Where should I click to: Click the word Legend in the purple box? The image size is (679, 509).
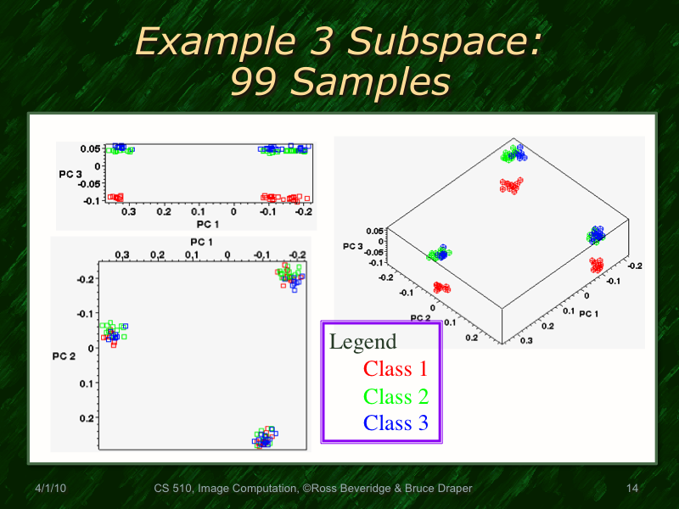pos(362,343)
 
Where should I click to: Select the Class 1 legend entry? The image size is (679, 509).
pos(396,369)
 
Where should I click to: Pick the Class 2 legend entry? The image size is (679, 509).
pos(396,396)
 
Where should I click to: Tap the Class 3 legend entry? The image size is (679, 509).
pos(396,422)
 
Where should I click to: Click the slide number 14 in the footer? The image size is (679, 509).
pos(631,489)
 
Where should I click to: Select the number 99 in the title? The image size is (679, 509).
pos(255,82)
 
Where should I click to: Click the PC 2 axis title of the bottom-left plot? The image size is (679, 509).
pos(65,355)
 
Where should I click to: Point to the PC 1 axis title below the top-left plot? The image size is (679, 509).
pos(209,224)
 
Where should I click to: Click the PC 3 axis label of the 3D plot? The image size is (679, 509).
pos(353,246)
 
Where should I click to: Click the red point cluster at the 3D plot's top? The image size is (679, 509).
pos(511,186)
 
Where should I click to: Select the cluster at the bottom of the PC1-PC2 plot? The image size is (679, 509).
pos(265,438)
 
